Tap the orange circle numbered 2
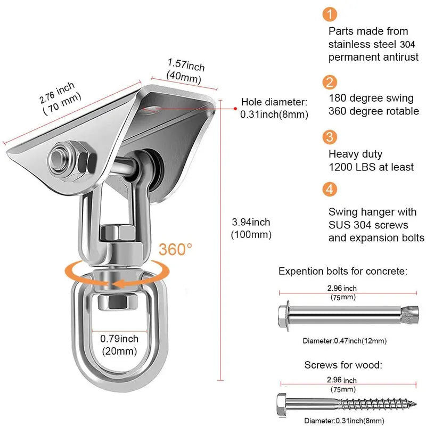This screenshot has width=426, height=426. (x=331, y=82)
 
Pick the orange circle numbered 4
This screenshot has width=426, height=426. (x=331, y=189)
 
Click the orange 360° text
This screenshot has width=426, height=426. (x=174, y=250)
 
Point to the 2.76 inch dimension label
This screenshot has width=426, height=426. (x=60, y=94)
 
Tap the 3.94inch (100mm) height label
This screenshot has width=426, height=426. (x=251, y=228)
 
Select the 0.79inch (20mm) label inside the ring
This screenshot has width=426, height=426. (x=120, y=345)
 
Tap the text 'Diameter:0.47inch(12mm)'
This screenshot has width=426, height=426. (x=344, y=341)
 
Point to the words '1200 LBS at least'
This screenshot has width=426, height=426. (x=371, y=167)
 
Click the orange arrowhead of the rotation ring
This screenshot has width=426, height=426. (x=119, y=284)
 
